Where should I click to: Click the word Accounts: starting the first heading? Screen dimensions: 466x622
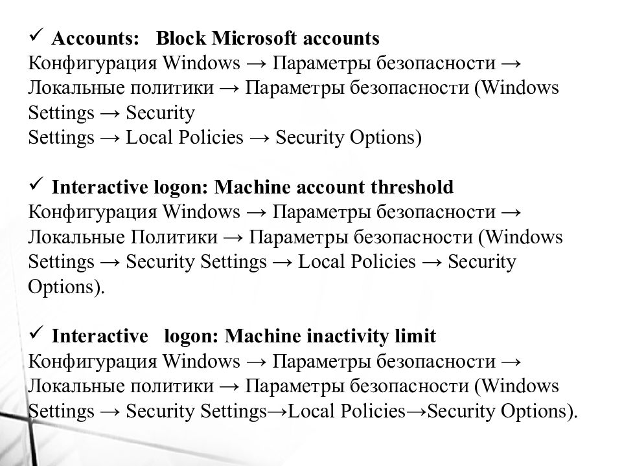pyautogui.click(x=95, y=39)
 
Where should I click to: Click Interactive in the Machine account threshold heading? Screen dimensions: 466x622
pyautogui.click(x=97, y=188)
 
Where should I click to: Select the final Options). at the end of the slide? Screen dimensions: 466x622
pyautogui.click(x=540, y=412)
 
